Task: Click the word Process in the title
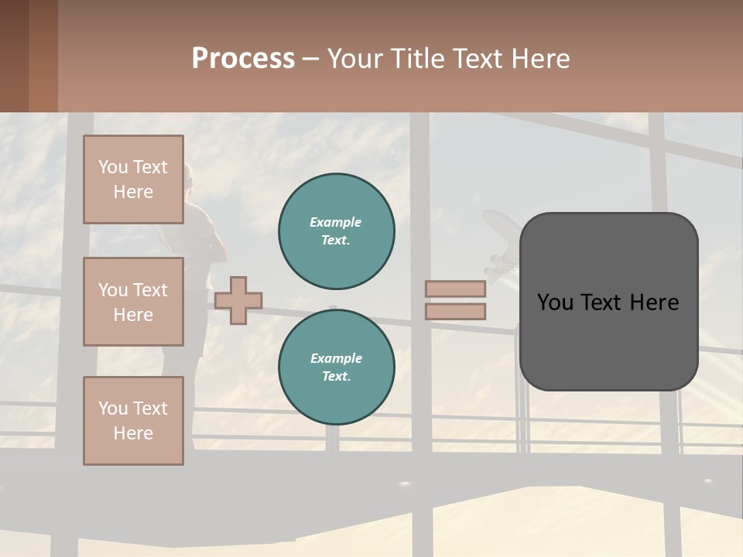tap(243, 59)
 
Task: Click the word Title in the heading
tap(417, 59)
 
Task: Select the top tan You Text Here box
tap(133, 179)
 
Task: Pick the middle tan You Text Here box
tap(133, 302)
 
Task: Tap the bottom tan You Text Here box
tap(133, 421)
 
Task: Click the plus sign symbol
tap(238, 300)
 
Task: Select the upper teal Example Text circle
tap(337, 231)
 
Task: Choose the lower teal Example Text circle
tap(337, 367)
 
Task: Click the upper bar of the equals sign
tap(455, 289)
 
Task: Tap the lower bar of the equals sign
tap(455, 311)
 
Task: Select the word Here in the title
tap(539, 59)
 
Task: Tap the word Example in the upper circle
tap(336, 222)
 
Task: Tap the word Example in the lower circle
tap(336, 358)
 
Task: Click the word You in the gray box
tap(554, 302)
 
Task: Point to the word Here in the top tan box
tap(133, 192)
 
